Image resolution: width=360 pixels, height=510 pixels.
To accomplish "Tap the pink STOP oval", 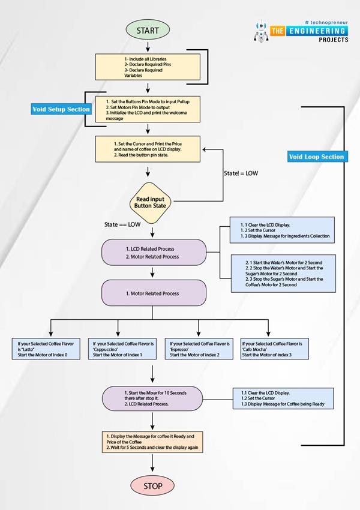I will (154, 485).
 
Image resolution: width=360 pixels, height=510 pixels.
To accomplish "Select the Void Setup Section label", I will (62, 109).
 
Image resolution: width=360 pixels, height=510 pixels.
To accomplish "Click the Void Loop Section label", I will (317, 157).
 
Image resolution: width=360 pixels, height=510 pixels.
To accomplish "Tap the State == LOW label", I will (124, 224).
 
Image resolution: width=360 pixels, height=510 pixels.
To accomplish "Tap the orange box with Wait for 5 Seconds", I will (154, 442).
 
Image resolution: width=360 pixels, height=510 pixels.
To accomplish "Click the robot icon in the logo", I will (261, 34).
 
